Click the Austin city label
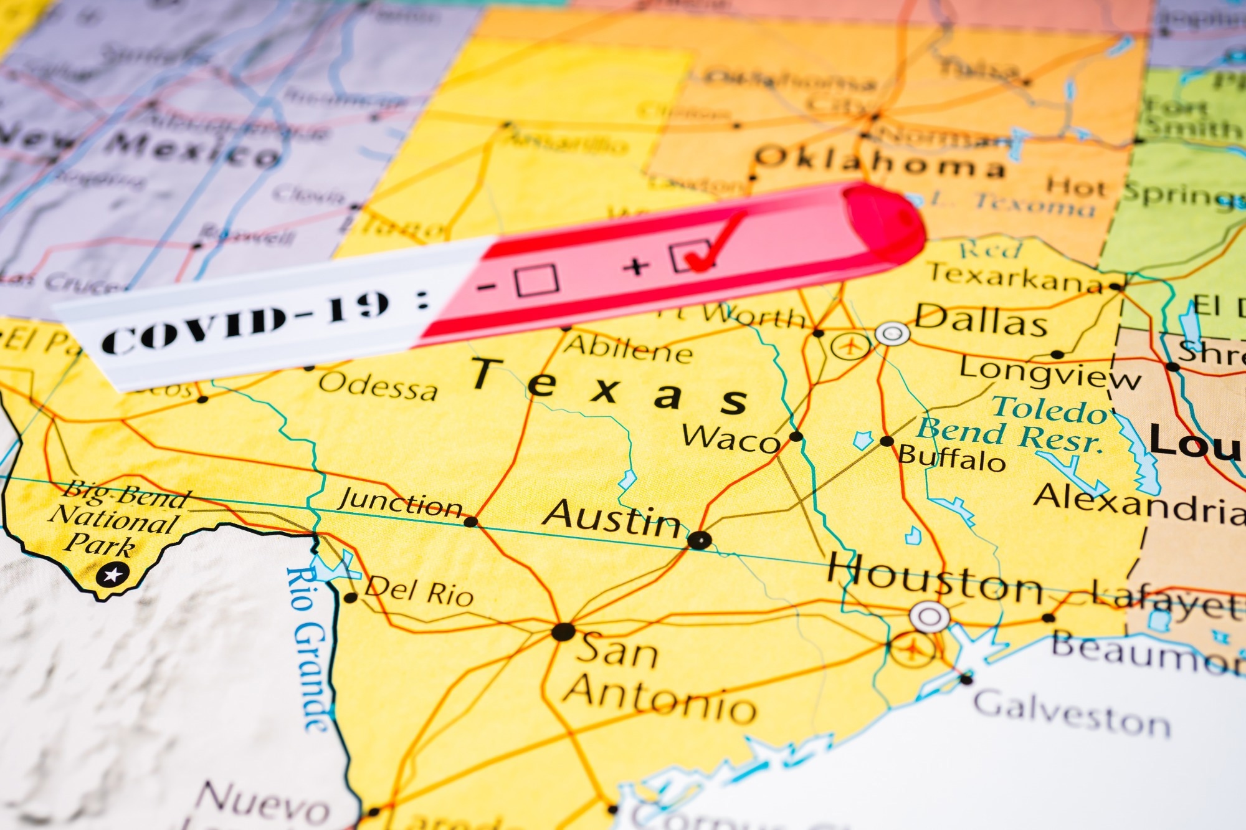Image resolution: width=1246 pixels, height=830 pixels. click(612, 518)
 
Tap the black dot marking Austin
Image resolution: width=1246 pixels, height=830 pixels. click(699, 540)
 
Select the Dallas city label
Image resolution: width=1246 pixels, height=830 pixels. click(981, 321)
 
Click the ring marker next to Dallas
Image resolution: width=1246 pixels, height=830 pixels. click(892, 334)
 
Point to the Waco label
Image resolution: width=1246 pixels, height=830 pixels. click(730, 438)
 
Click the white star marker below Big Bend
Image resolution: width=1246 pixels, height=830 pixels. click(113, 574)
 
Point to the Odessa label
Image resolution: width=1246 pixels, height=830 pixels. click(378, 386)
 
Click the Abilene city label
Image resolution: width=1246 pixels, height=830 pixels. click(628, 350)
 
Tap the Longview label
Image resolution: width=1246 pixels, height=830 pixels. click(1050, 373)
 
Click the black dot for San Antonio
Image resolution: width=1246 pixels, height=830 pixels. click(563, 632)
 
